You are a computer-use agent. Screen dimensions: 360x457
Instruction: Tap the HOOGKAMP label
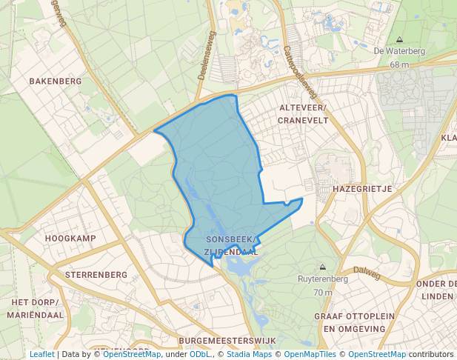click(x=70, y=238)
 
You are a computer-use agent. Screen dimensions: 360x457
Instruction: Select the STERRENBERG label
click(x=96, y=274)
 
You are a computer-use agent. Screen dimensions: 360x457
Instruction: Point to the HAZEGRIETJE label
click(x=362, y=189)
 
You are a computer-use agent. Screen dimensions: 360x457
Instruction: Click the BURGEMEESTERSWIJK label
click(x=227, y=340)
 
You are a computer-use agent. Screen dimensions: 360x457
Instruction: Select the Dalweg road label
click(x=366, y=273)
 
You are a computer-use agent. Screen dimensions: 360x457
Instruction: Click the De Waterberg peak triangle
click(x=400, y=40)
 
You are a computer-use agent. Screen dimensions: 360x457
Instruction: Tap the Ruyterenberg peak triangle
click(x=322, y=267)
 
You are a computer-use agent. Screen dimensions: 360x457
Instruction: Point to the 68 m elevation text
click(x=399, y=64)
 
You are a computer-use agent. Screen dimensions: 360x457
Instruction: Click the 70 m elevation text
click(x=322, y=292)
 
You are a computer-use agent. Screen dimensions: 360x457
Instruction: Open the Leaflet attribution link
click(x=42, y=354)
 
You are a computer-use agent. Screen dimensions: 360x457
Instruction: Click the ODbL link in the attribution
click(x=199, y=354)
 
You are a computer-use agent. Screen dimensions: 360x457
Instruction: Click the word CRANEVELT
click(x=303, y=120)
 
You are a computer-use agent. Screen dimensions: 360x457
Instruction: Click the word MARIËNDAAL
click(x=36, y=315)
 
